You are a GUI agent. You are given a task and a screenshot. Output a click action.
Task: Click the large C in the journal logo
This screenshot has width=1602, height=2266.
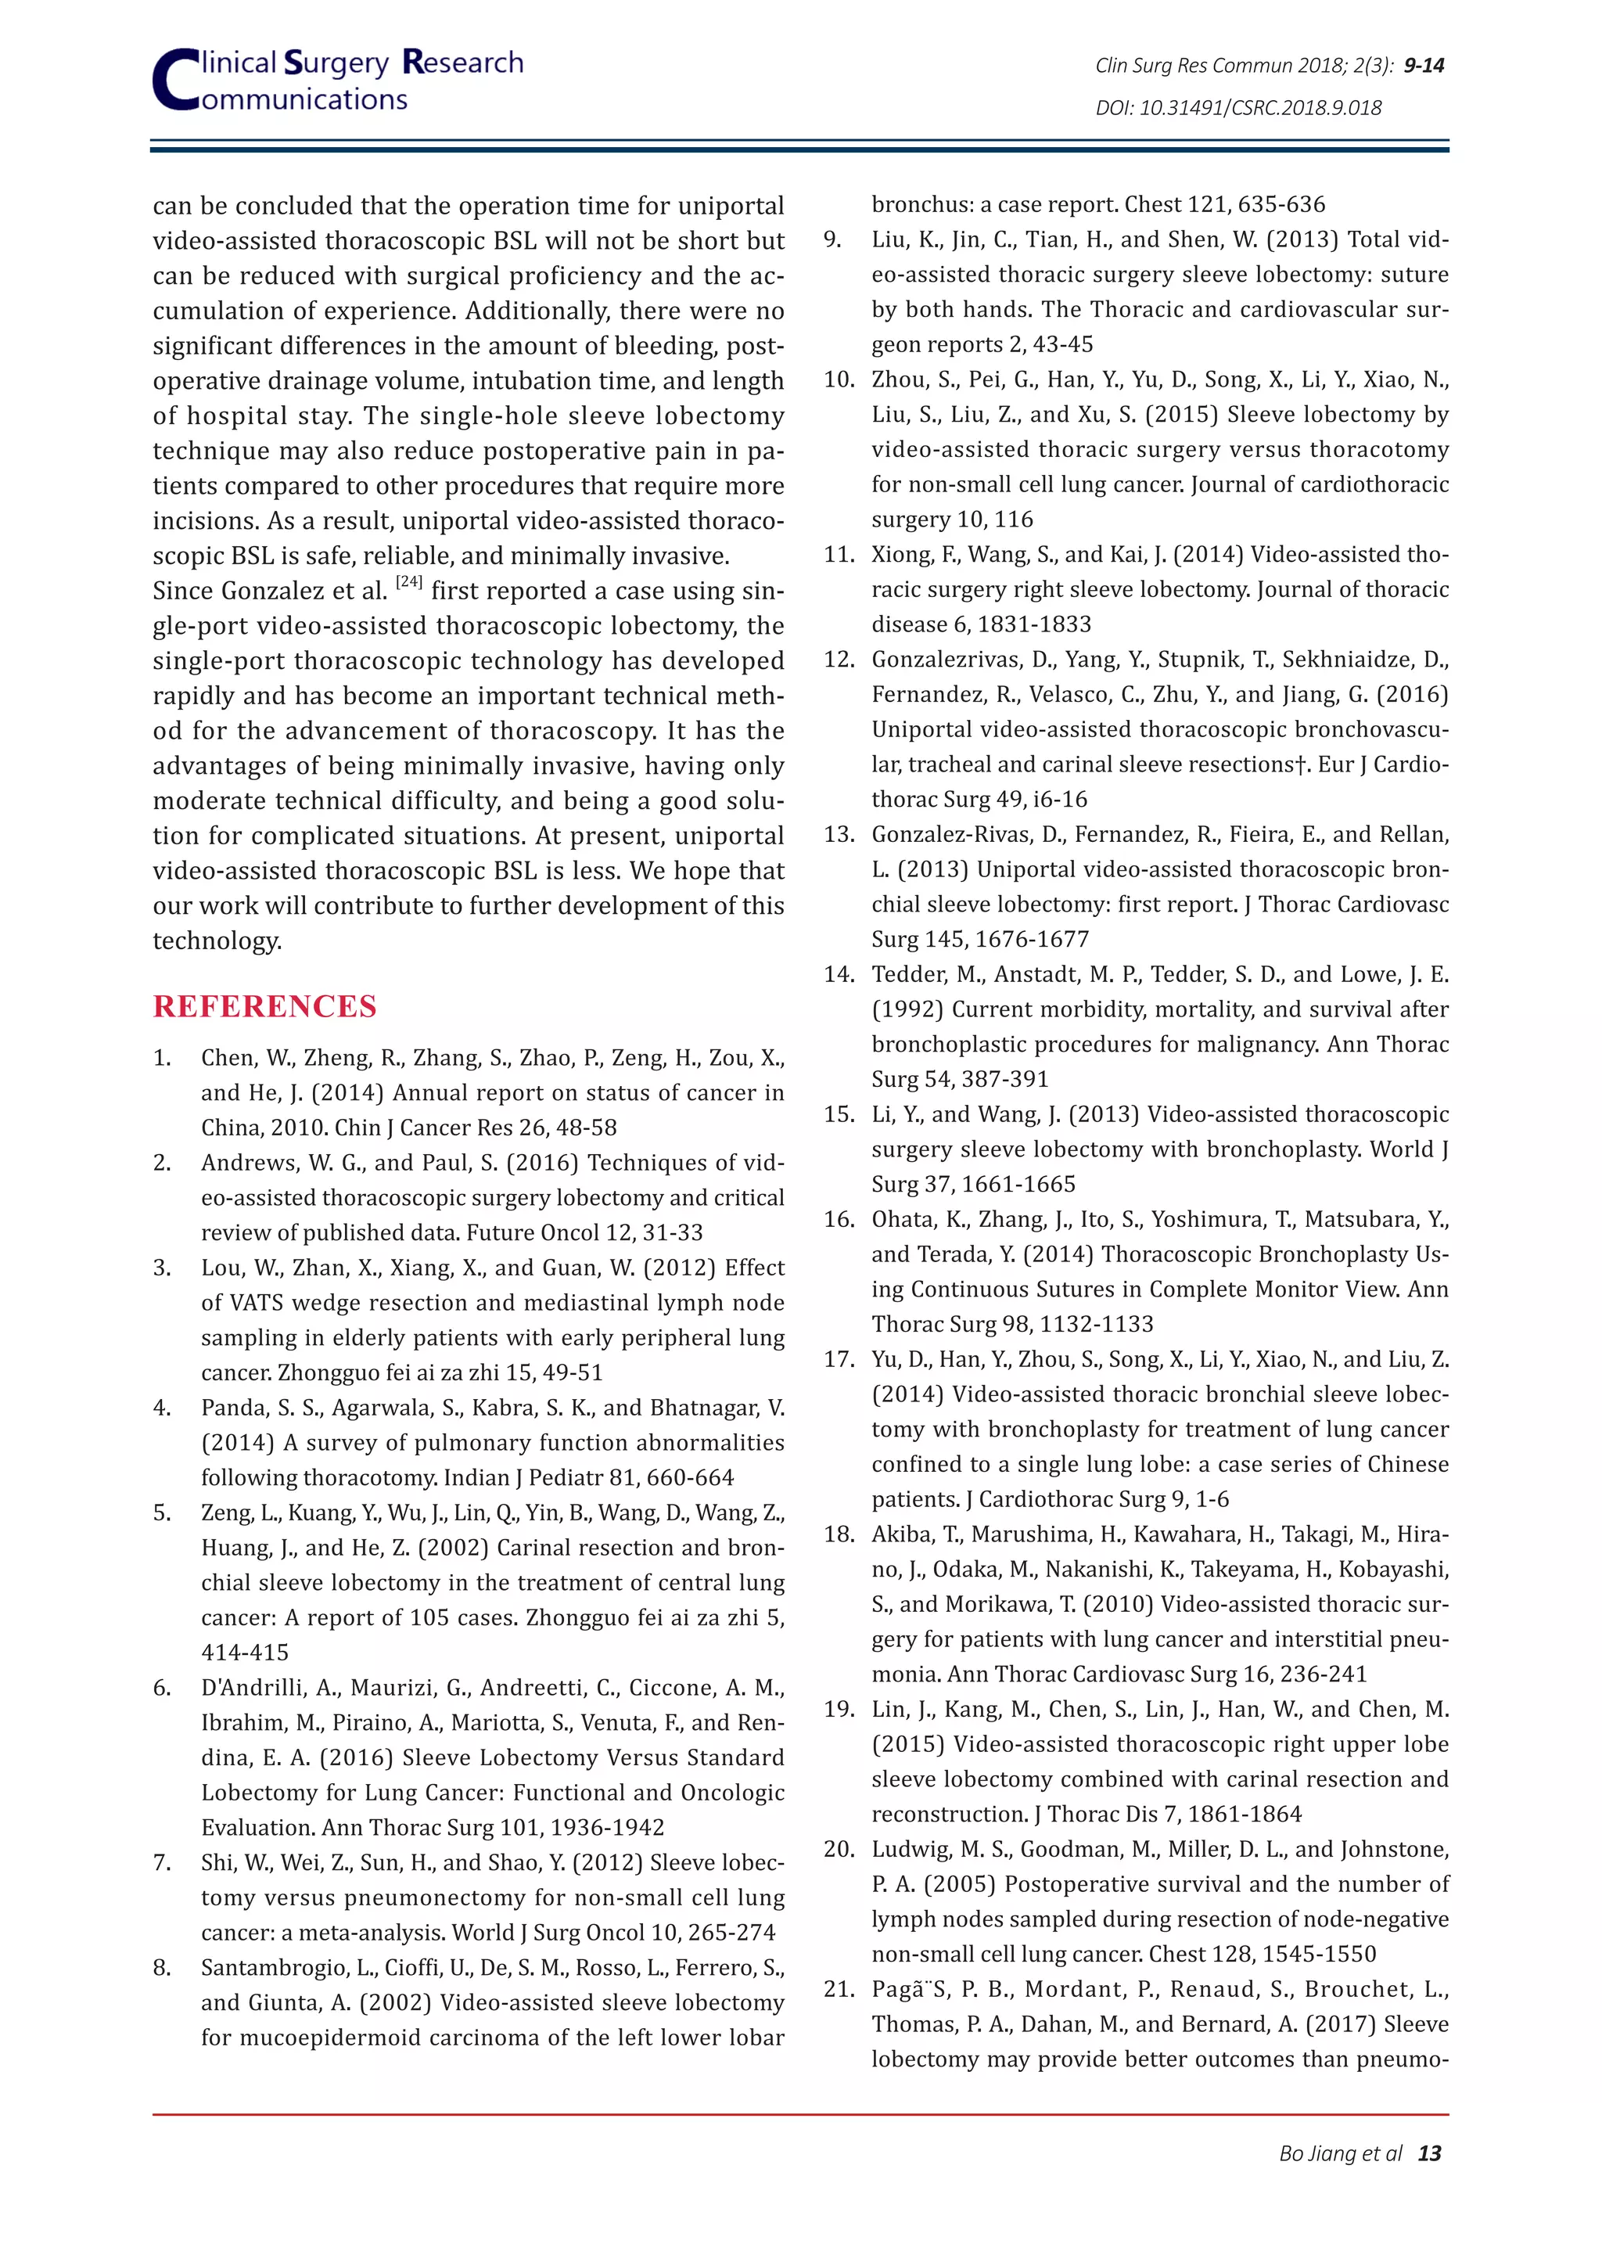tap(175, 81)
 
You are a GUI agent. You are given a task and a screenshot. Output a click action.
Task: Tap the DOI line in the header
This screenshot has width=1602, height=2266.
tap(1238, 107)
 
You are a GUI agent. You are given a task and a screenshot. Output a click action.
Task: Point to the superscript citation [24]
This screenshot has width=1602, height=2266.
tap(409, 582)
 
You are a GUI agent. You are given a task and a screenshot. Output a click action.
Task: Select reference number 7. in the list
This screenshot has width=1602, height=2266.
tap(163, 1862)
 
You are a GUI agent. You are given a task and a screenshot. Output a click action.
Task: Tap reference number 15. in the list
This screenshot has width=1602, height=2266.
tap(839, 1114)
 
